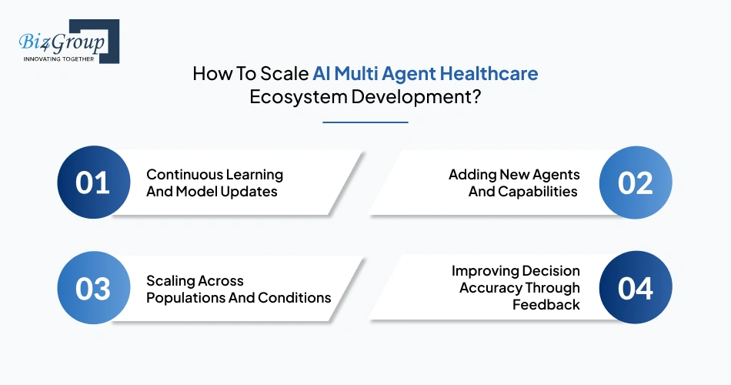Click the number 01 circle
tap(92, 182)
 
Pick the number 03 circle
tap(92, 288)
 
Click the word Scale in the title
tap(286, 74)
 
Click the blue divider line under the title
tap(365, 122)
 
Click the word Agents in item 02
tap(554, 175)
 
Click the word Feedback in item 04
tap(546, 305)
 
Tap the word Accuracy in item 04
tap(489, 288)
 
